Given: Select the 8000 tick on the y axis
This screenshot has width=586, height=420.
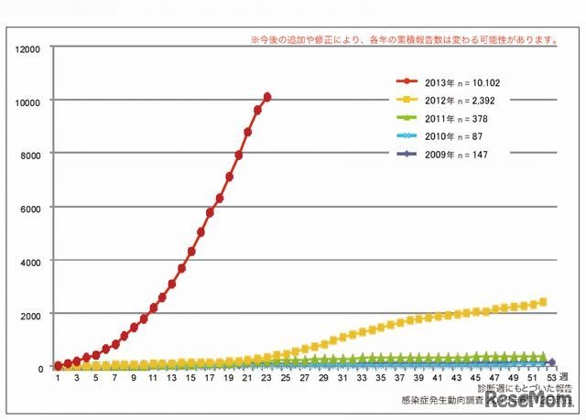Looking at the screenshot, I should click(x=29, y=153).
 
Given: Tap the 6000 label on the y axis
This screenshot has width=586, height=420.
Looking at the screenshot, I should click(x=29, y=207).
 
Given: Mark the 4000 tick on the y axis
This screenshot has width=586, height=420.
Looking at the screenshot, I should click(x=29, y=261).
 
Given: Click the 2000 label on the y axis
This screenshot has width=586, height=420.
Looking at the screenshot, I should click(x=29, y=314).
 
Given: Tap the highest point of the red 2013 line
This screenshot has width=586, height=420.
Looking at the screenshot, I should click(x=266, y=96).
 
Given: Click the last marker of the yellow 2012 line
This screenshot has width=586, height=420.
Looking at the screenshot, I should click(x=543, y=302).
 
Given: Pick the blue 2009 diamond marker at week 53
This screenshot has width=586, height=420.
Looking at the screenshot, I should click(x=552, y=363).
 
